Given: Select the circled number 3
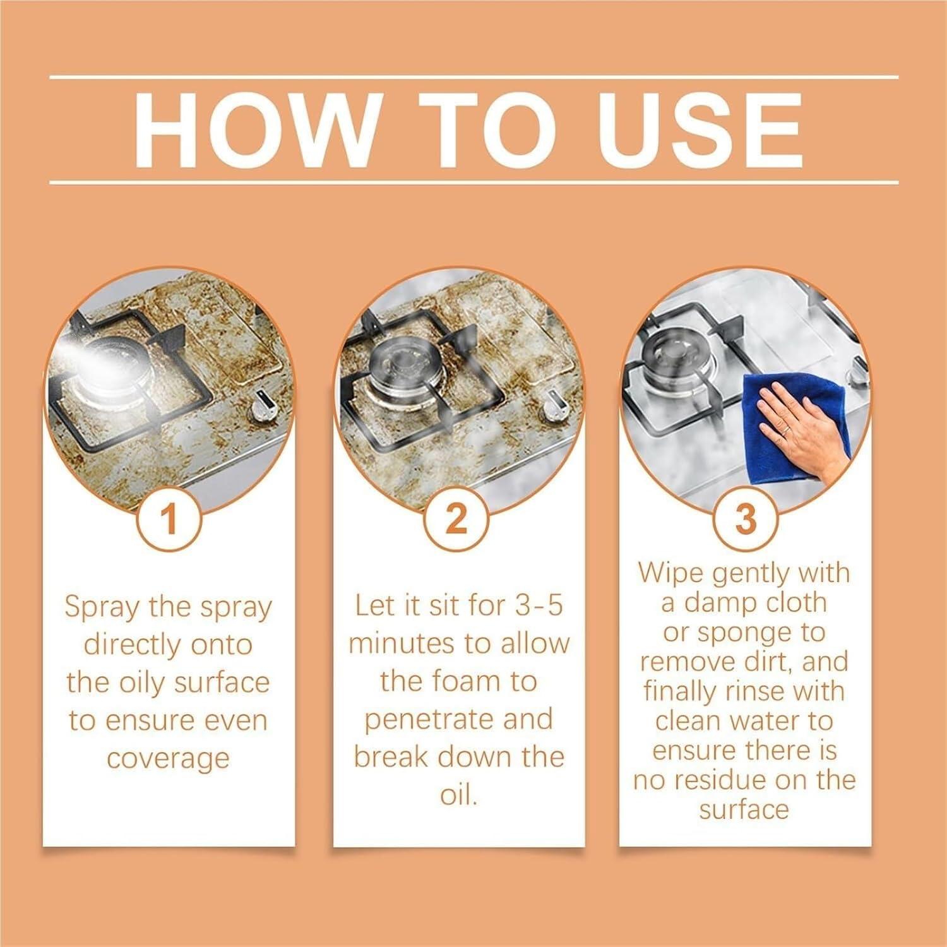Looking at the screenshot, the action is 745,520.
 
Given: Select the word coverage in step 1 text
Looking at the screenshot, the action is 167,758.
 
